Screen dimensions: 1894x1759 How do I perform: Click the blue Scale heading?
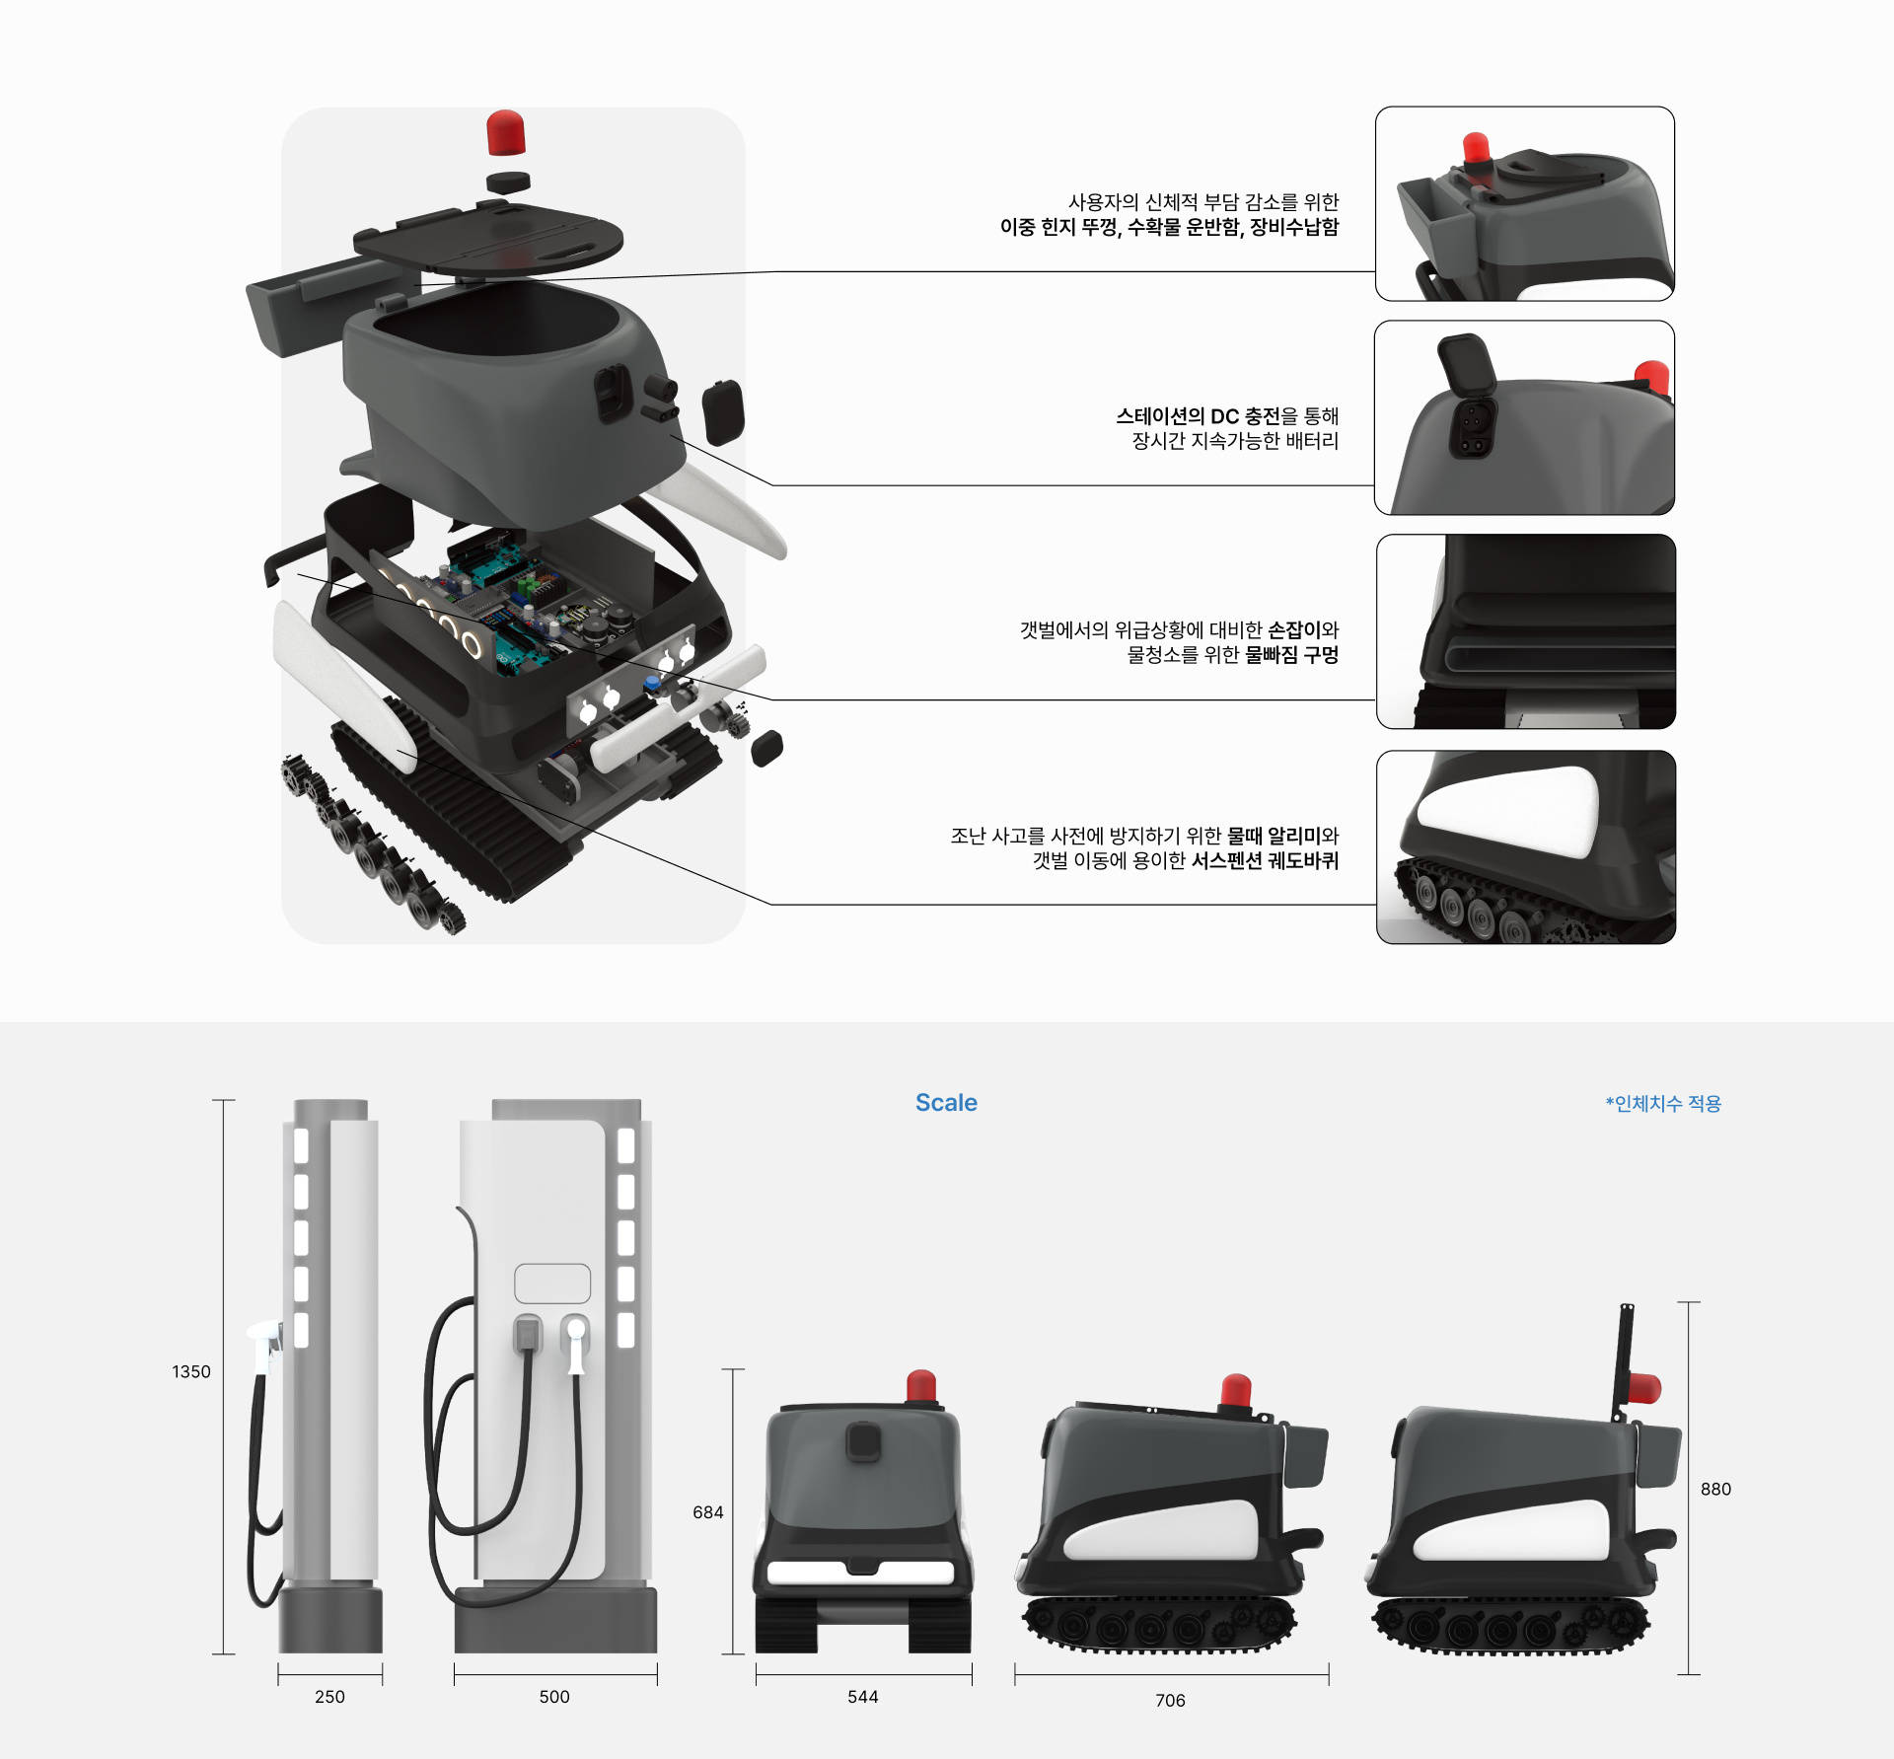(946, 1102)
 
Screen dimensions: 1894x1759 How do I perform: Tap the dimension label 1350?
(191, 1371)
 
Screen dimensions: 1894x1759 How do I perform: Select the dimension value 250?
(329, 1696)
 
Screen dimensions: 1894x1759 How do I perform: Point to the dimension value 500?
(554, 1696)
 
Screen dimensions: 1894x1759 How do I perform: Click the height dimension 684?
(708, 1511)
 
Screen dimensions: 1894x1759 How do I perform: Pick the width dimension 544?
(863, 1696)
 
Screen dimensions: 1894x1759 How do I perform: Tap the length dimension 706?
(1170, 1700)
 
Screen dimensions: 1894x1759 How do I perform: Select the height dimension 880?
(1715, 1489)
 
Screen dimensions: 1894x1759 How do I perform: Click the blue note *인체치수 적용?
(1663, 1103)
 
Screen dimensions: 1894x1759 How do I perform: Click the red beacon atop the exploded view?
(506, 133)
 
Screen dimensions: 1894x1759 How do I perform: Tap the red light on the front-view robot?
(921, 1385)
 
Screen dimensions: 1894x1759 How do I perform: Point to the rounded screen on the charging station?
(552, 1283)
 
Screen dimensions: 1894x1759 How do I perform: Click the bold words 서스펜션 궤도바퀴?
(1265, 860)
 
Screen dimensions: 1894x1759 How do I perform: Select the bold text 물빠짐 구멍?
(1291, 654)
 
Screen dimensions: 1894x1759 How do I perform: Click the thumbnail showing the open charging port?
(1525, 417)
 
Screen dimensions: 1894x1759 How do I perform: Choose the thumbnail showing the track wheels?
(1526, 847)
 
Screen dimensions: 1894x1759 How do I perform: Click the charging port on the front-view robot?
(863, 1441)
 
